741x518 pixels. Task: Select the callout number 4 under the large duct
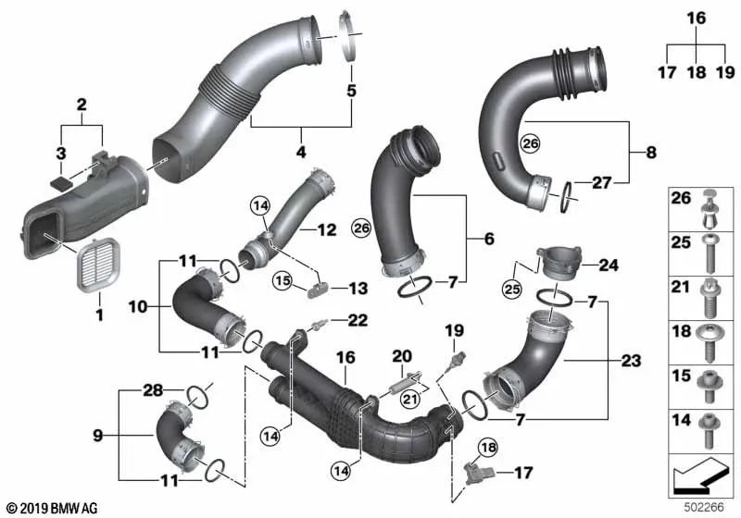click(x=301, y=152)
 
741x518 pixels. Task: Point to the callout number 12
click(x=327, y=230)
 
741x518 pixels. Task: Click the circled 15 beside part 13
click(x=283, y=281)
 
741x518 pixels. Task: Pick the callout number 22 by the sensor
click(x=358, y=321)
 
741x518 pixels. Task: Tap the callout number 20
click(x=402, y=356)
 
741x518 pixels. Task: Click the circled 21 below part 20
click(x=409, y=400)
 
